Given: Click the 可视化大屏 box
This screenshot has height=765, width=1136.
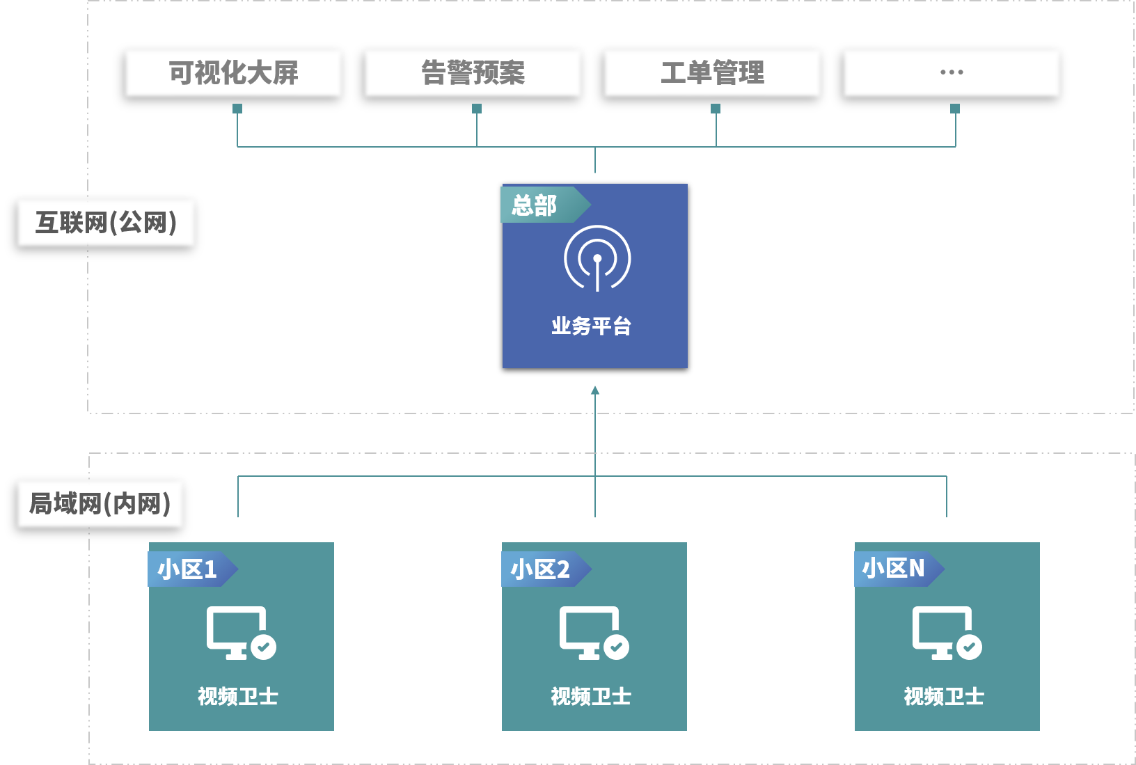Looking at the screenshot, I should (234, 72).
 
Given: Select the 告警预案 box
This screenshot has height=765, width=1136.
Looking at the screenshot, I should (473, 72).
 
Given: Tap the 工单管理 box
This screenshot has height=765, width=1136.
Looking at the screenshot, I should (712, 72).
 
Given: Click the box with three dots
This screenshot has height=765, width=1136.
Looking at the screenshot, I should (952, 72).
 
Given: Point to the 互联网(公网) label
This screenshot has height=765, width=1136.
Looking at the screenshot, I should (106, 223).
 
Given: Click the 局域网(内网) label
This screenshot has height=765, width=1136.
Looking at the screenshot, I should (101, 503).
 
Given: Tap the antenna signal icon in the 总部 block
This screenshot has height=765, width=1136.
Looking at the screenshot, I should (597, 258).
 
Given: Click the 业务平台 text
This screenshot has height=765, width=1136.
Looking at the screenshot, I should (592, 326).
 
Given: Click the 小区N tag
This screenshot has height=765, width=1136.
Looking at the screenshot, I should (894, 568).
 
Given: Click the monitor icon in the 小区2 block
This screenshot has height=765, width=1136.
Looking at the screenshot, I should (589, 630).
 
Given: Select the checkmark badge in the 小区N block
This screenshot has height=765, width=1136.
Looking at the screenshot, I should (969, 647).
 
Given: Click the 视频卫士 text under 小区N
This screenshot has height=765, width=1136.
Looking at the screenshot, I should (944, 696).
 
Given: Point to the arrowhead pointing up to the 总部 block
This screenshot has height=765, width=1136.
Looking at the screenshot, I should (595, 391).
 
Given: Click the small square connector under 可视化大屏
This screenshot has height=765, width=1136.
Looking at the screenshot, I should (237, 109).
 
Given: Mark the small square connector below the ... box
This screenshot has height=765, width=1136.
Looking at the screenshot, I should (955, 109).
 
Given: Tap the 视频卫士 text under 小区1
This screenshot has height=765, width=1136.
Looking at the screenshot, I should (238, 696).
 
